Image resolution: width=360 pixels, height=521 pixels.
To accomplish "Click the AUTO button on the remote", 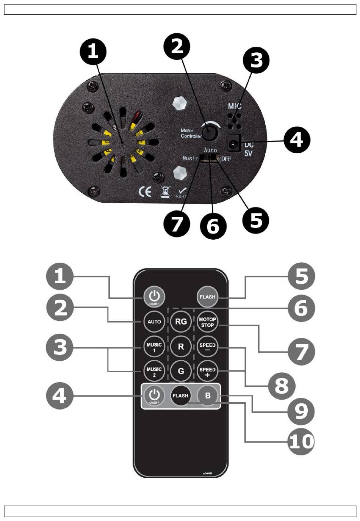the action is (x=154, y=322).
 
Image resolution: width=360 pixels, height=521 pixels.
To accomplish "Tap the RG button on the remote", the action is (x=181, y=322).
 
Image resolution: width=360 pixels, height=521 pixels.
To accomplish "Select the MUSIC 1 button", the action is (x=154, y=347).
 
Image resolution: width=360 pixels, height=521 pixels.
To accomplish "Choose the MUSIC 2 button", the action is (x=154, y=372).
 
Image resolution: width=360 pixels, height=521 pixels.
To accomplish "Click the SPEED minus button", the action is (x=207, y=347).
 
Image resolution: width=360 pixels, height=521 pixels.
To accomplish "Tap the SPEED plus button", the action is (x=207, y=372).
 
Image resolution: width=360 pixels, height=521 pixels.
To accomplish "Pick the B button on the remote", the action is (x=208, y=396).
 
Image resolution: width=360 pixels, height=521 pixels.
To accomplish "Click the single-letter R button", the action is (x=181, y=347).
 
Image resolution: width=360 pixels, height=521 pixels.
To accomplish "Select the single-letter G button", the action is (x=181, y=371).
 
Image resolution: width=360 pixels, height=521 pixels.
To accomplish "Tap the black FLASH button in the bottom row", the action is (x=180, y=396).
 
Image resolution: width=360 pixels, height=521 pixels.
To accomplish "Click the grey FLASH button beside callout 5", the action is (x=207, y=297).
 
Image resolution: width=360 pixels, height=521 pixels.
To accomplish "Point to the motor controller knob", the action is (x=209, y=133).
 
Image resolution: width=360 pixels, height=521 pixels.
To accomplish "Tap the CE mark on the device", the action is (x=145, y=192).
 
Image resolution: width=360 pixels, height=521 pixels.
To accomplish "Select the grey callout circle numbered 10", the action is (x=301, y=441).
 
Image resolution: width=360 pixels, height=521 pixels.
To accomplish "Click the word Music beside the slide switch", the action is (x=190, y=158).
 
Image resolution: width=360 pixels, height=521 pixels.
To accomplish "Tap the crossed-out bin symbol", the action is (x=165, y=192).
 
